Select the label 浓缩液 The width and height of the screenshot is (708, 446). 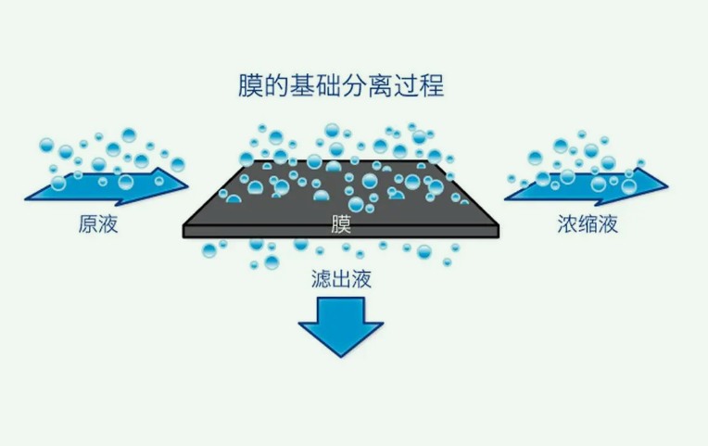tap(588, 224)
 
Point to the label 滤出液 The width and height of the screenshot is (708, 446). tap(340, 278)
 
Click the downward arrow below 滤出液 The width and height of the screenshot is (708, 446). tap(340, 326)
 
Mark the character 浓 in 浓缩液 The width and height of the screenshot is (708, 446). tap(567, 224)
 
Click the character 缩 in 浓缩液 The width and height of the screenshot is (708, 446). tap(588, 224)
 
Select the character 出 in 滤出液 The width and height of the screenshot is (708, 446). tap(340, 278)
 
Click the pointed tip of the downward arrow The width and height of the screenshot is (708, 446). tap(340, 356)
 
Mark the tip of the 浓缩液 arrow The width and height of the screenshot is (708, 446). tap(666, 184)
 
